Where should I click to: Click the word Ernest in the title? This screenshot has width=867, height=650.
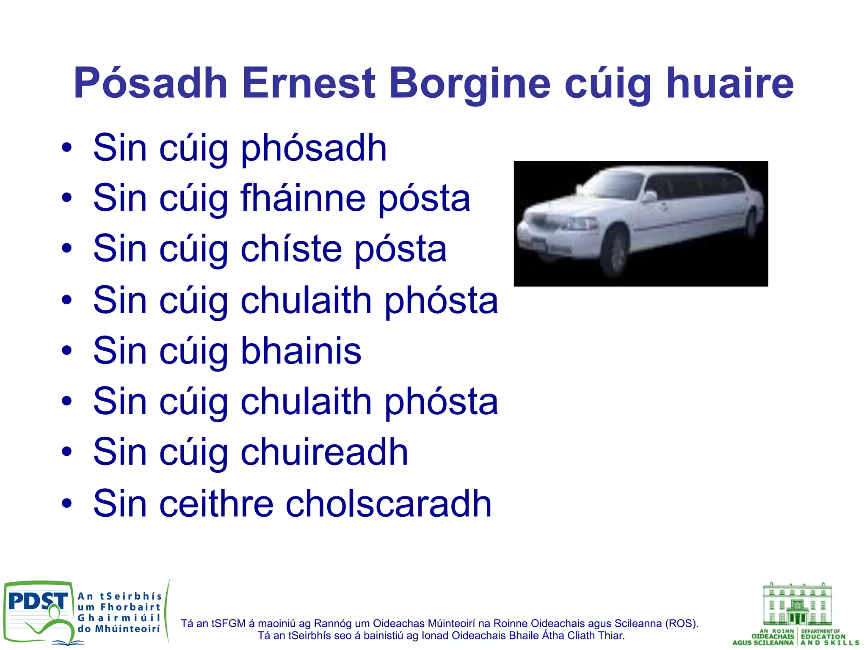(x=309, y=83)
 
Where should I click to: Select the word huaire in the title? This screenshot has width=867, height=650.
(x=730, y=83)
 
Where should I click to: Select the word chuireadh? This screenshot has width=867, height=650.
(x=324, y=452)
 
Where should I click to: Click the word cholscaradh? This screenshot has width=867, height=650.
(x=388, y=503)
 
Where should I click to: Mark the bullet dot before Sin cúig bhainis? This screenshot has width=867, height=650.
(x=66, y=351)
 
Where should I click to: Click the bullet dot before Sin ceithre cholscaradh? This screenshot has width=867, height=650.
(x=66, y=504)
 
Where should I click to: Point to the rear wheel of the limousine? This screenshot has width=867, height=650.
(x=751, y=224)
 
